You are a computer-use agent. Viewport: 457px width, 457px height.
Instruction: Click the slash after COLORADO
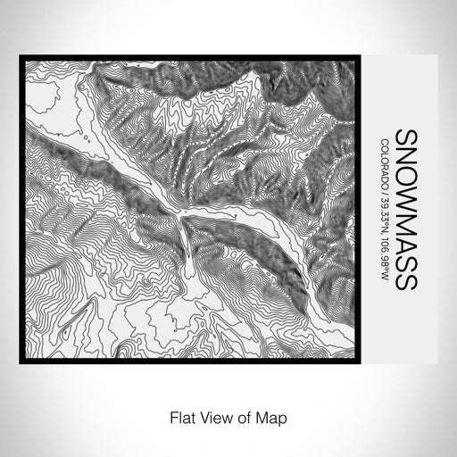[x=384, y=191]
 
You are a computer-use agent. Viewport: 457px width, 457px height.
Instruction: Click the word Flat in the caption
[x=177, y=416]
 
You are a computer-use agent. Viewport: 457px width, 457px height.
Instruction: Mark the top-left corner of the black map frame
[x=20, y=56]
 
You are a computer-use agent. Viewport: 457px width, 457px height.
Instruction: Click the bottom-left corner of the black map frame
[x=20, y=361]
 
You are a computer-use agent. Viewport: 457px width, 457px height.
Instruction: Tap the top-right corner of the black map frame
[x=361, y=56]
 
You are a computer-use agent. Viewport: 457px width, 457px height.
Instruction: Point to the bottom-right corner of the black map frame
[x=361, y=361]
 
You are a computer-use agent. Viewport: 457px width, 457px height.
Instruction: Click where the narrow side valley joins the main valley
[x=185, y=217]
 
